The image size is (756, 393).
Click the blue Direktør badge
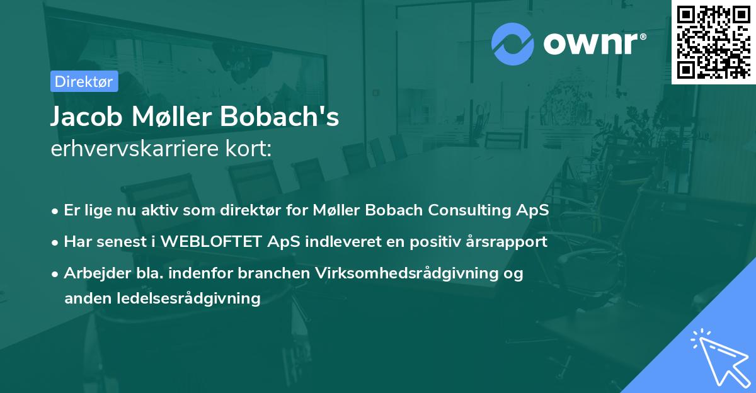tap(84, 81)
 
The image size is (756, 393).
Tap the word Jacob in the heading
tap(86, 117)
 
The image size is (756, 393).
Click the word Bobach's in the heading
tap(280, 117)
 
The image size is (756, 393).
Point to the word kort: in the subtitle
tap(248, 149)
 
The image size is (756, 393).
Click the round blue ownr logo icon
tap(513, 44)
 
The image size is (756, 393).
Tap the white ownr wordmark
tap(591, 43)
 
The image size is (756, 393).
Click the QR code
tap(714, 42)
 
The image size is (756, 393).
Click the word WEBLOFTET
tap(211, 242)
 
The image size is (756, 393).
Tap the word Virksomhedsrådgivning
tap(407, 273)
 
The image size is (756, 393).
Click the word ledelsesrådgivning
tap(188, 299)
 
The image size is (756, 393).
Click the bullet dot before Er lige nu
tap(55, 212)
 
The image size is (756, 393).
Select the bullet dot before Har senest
tap(55, 243)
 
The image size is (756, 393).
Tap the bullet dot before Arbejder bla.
tap(55, 275)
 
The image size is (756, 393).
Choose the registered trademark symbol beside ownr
tap(643, 37)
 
